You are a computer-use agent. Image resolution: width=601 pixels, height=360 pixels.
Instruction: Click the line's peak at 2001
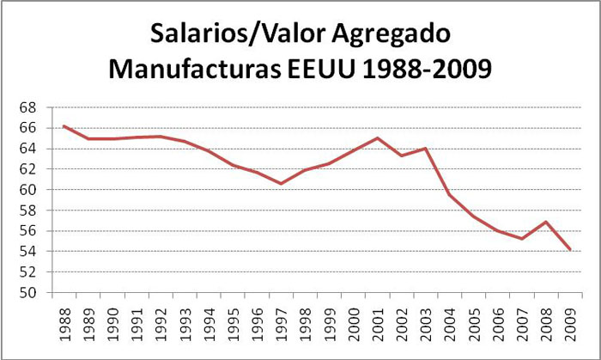[x=377, y=137]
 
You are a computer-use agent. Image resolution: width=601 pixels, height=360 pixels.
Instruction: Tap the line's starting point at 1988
[x=64, y=125]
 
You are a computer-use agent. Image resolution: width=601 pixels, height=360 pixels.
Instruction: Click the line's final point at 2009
[x=569, y=249]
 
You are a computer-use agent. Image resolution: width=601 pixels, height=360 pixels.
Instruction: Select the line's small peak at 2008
[x=545, y=222]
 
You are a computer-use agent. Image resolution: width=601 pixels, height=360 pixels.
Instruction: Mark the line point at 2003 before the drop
[x=425, y=149]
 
